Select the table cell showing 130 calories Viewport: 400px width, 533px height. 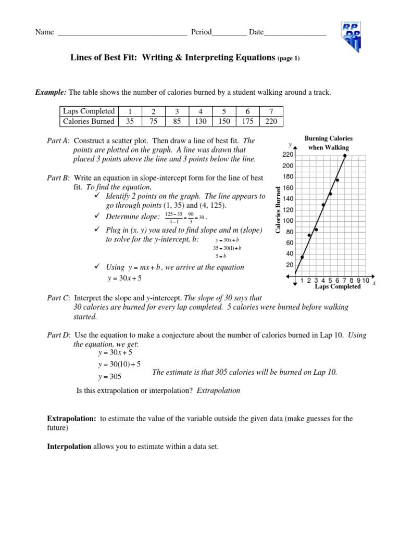click(201, 121)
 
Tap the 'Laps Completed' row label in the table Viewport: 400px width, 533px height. click(89, 111)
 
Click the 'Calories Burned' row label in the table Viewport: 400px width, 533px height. click(89, 121)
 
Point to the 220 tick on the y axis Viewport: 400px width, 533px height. click(288, 155)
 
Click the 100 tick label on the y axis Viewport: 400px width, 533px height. click(288, 221)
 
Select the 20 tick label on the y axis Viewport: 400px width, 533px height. click(290, 264)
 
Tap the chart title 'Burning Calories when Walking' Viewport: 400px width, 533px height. click(328, 143)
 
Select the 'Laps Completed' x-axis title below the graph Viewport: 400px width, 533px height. click(337, 287)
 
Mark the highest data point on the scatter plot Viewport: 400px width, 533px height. click(345, 155)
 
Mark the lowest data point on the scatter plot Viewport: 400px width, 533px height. click(302, 257)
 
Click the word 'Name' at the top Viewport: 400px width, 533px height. click(44, 32)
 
